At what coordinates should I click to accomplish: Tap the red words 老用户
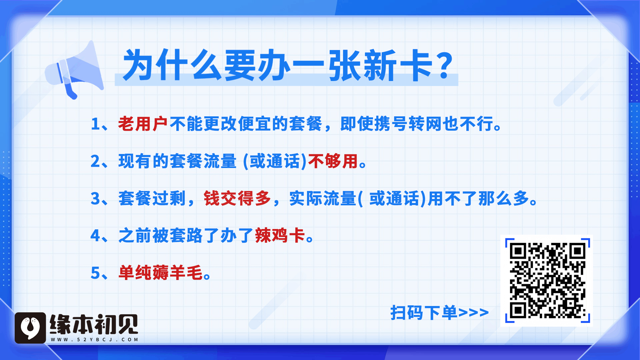(143, 124)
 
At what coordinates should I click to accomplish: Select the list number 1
(95, 124)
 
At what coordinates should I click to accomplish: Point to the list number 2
(95, 161)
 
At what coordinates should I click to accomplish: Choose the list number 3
(95, 199)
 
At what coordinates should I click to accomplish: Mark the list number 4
(95, 236)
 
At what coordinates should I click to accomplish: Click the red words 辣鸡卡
(280, 236)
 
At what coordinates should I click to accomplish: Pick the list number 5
(95, 273)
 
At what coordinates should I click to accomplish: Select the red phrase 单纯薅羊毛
(160, 273)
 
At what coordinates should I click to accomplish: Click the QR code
(547, 281)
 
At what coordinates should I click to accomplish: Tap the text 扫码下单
(424, 313)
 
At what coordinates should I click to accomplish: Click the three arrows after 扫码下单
(473, 313)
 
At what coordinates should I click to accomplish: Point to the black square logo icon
(30, 328)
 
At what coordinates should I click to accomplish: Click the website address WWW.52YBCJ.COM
(95, 340)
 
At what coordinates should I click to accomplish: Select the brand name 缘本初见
(94, 324)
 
